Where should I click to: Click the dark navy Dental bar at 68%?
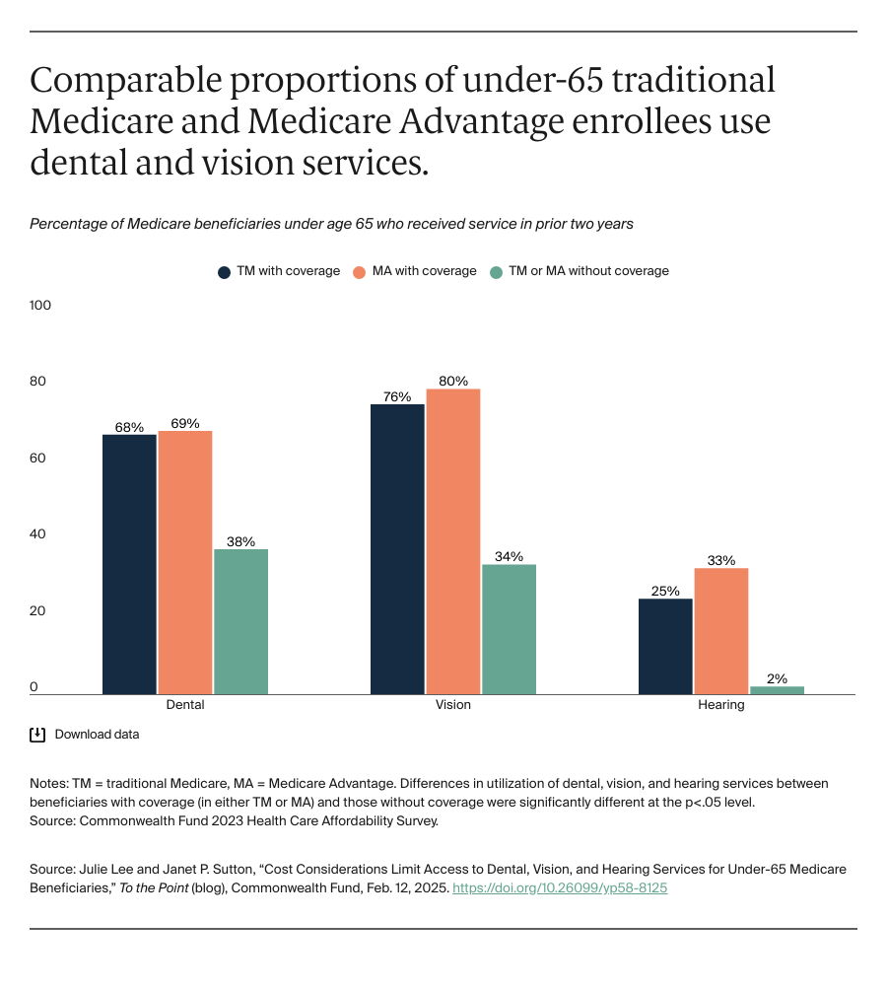click(129, 564)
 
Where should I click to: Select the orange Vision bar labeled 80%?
click(452, 541)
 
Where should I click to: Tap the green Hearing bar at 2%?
click(777, 690)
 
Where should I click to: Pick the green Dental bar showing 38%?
click(240, 621)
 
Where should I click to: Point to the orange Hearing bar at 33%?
click(721, 631)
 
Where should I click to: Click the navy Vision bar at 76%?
click(397, 549)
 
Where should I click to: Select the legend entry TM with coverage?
click(279, 271)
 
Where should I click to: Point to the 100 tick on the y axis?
click(40, 306)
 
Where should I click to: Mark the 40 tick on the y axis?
click(37, 534)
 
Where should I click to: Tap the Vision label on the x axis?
click(453, 705)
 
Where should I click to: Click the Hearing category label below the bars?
click(721, 705)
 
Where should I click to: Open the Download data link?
click(97, 735)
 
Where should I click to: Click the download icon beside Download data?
click(37, 735)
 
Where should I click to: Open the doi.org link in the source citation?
click(560, 887)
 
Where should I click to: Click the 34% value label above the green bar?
click(509, 556)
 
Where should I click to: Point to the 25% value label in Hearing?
click(665, 591)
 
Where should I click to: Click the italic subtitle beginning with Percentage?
click(331, 224)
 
